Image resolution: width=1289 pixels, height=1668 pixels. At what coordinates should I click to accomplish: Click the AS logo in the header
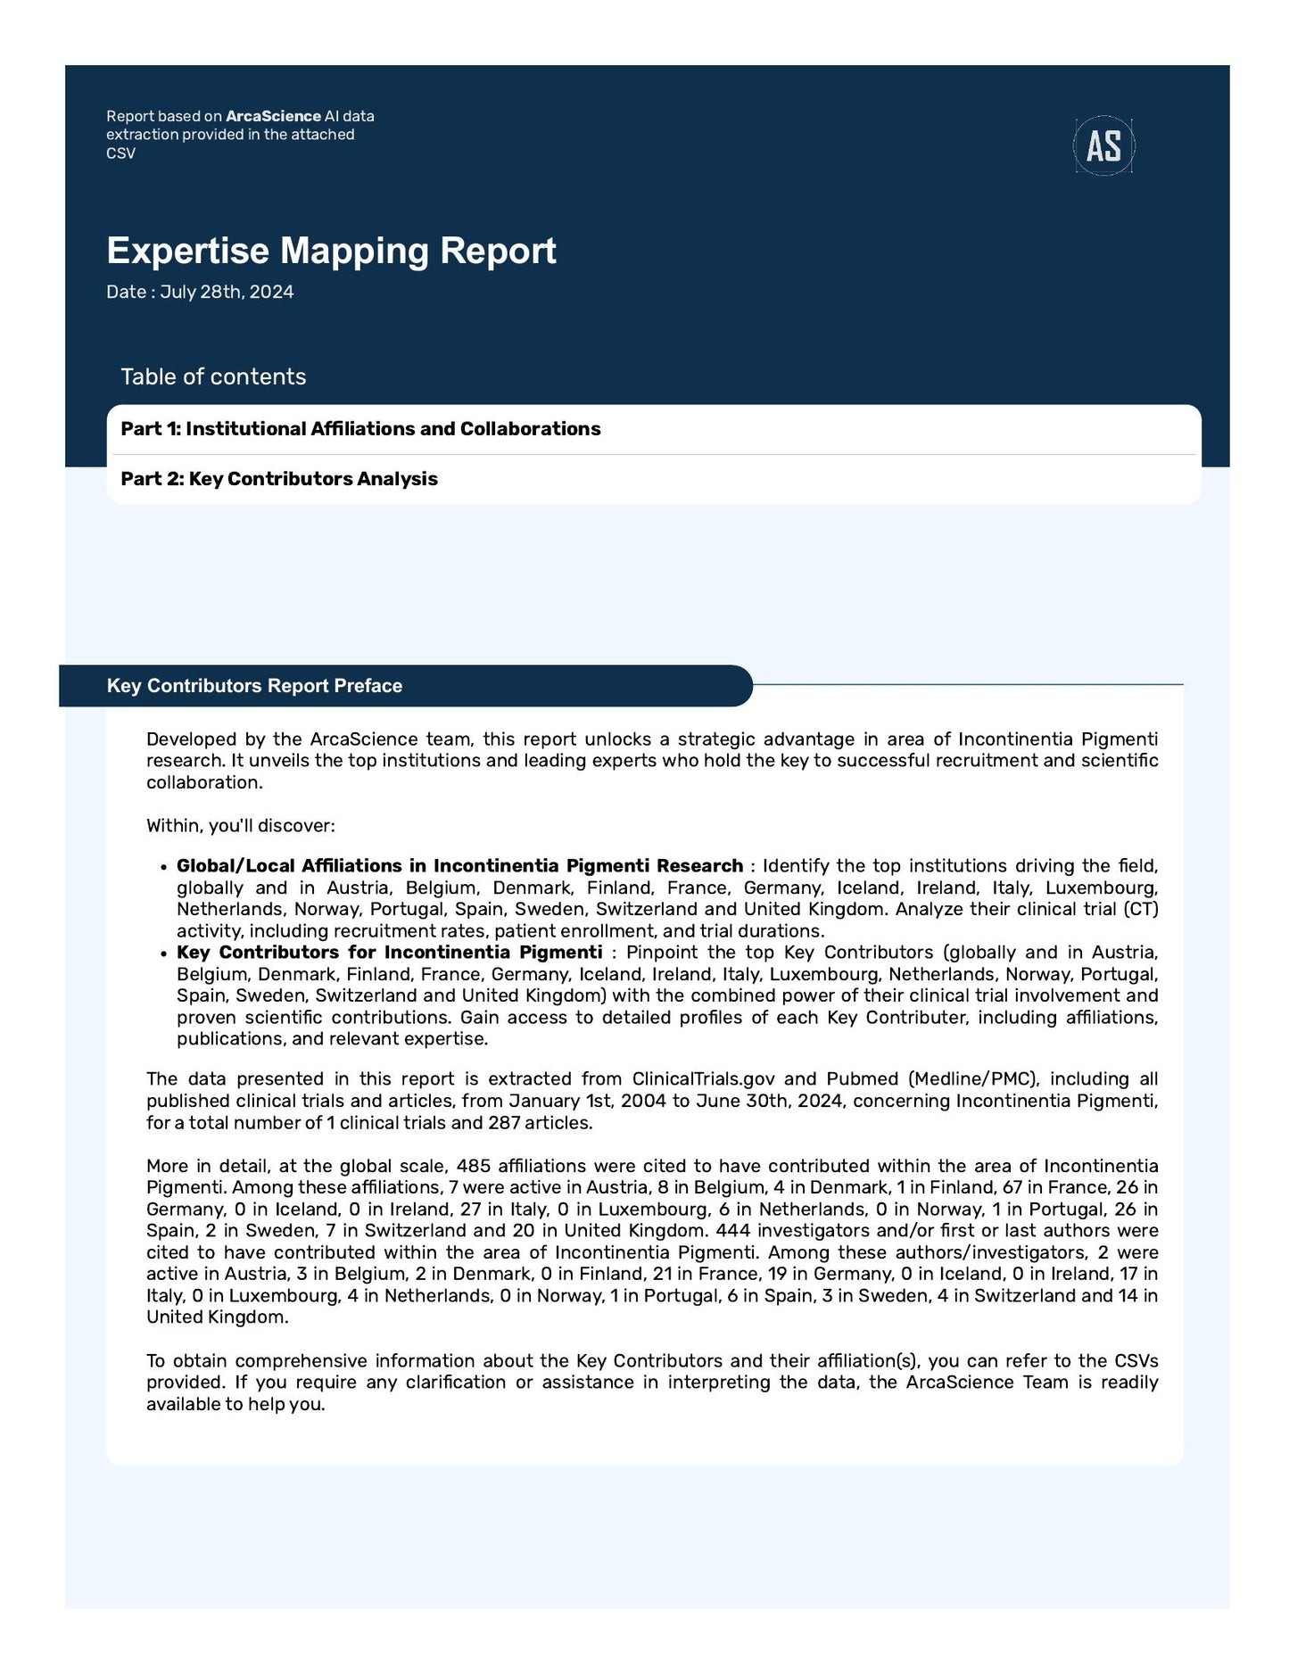point(1103,145)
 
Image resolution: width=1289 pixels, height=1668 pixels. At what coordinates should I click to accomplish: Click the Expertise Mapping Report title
point(331,251)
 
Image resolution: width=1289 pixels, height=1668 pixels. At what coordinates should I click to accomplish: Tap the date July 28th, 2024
point(227,293)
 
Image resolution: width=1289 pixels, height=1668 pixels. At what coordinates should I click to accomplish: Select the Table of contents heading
point(213,376)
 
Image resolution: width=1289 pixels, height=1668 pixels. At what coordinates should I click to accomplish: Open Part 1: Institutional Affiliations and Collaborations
point(360,429)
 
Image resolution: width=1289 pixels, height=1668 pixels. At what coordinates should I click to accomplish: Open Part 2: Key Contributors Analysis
point(279,479)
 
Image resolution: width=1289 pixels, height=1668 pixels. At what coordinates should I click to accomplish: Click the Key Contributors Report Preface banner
point(254,686)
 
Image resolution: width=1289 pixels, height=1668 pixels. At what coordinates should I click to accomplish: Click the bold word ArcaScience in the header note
point(273,116)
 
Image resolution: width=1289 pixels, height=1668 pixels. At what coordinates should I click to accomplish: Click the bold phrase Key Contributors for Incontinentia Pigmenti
point(389,953)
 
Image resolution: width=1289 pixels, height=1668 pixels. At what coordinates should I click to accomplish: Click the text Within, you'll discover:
point(240,826)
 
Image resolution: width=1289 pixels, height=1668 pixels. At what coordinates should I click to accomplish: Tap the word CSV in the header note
point(120,153)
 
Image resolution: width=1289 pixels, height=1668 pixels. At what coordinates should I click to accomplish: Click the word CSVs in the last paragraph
point(1136,1361)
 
